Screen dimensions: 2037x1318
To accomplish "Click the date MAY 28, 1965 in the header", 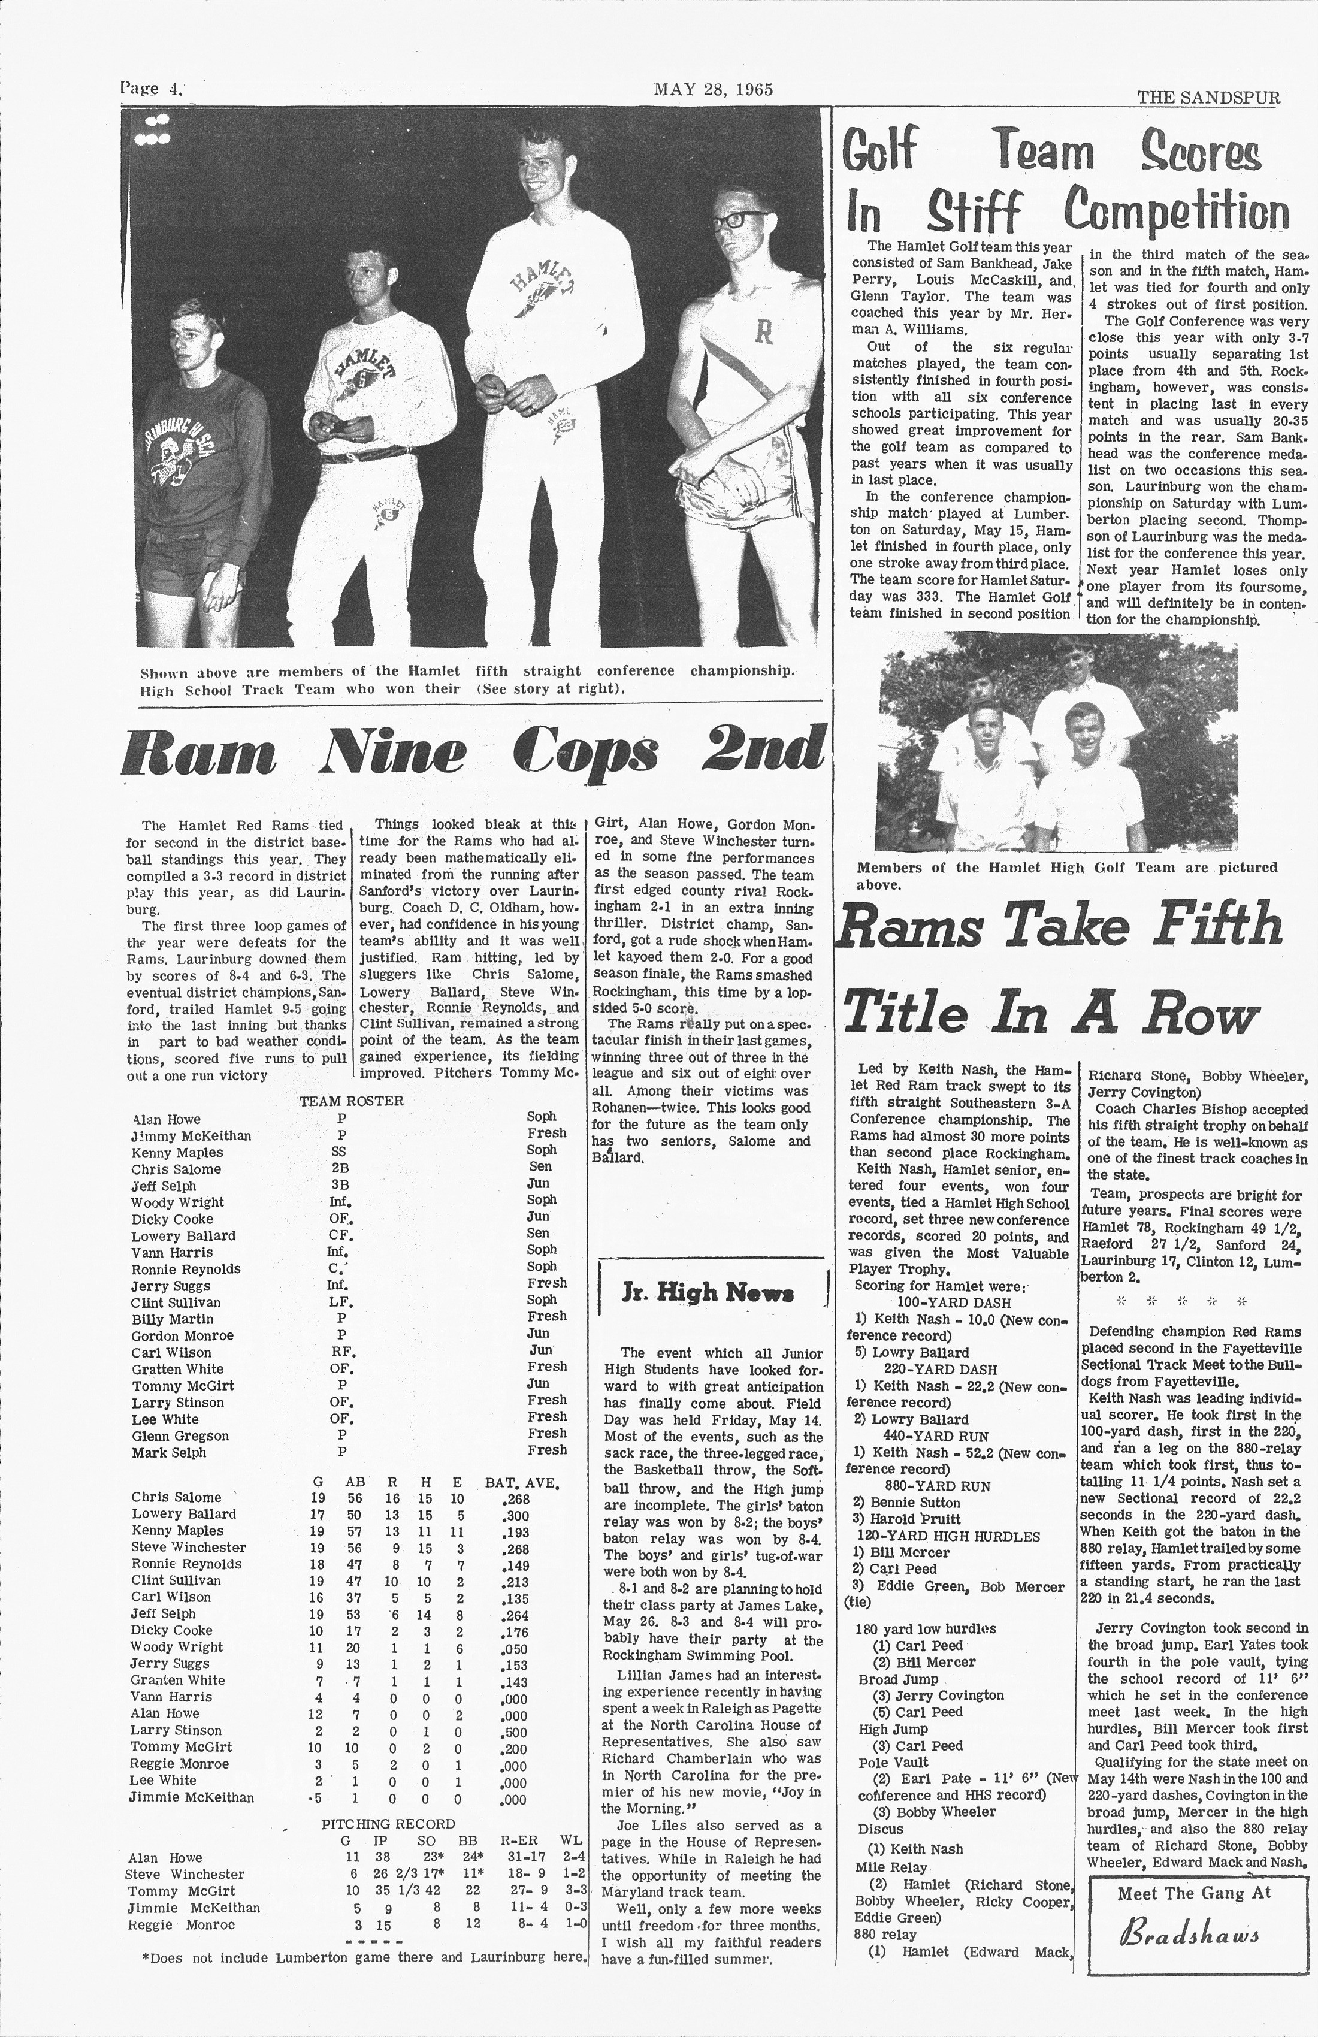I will pyautogui.click(x=713, y=90).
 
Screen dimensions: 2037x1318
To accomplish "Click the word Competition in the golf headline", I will pyautogui.click(x=1176, y=209).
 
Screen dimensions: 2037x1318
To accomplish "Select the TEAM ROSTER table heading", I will pyautogui.click(x=351, y=1101).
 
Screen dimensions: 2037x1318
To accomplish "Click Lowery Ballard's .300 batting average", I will pyautogui.click(x=513, y=1514).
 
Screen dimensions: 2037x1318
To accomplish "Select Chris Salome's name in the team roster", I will pyautogui.click(x=176, y=1169).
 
